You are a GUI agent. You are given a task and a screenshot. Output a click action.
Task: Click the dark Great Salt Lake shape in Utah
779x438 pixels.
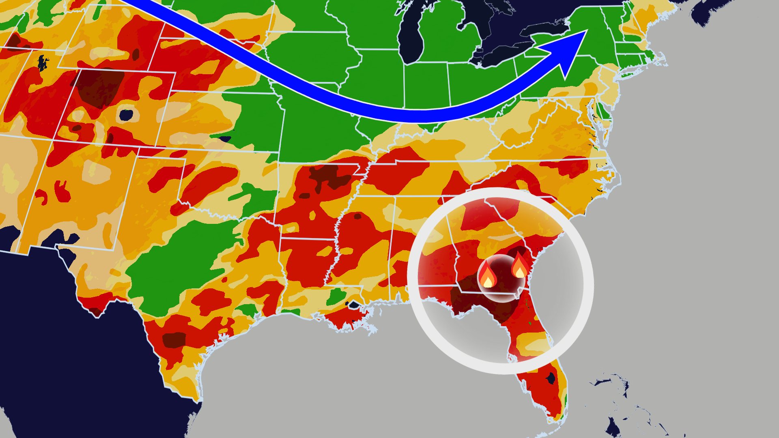(x=43, y=62)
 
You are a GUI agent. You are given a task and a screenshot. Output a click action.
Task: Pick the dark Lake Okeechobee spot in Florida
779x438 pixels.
(x=551, y=378)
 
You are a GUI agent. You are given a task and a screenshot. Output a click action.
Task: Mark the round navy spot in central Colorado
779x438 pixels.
(x=126, y=115)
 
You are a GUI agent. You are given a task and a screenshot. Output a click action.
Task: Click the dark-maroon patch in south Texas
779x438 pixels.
(x=174, y=340)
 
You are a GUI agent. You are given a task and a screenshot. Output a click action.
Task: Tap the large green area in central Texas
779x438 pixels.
(x=179, y=264)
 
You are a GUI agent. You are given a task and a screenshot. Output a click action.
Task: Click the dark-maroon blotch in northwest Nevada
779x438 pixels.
(x=14, y=41)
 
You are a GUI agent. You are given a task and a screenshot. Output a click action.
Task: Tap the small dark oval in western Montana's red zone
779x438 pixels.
(x=136, y=54)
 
